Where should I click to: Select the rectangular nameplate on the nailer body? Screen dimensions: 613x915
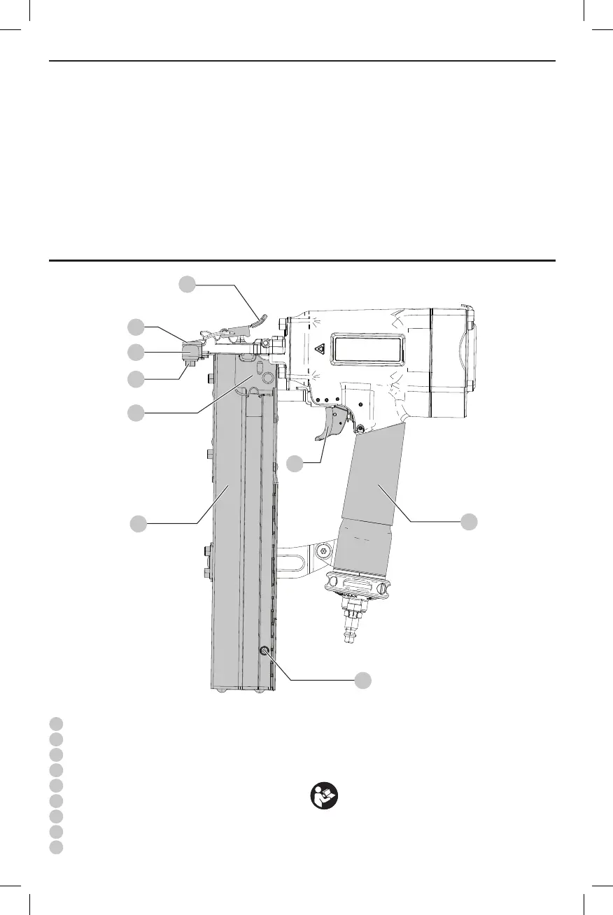point(368,348)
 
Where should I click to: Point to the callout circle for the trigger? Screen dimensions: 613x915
point(296,463)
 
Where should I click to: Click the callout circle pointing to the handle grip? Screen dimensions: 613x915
point(469,521)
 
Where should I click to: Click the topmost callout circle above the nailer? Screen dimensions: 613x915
point(186,284)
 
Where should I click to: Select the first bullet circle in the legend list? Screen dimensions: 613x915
point(57,723)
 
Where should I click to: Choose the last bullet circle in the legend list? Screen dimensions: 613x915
point(57,847)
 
